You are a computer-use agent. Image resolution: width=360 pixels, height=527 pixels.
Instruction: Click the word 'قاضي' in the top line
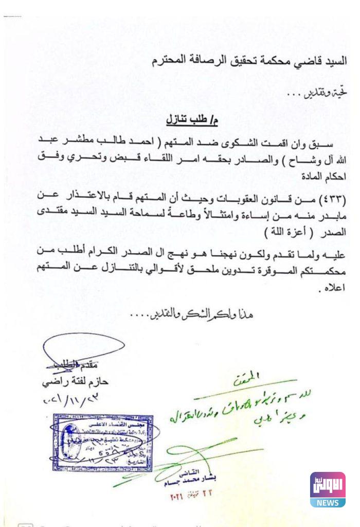tap(305, 61)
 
